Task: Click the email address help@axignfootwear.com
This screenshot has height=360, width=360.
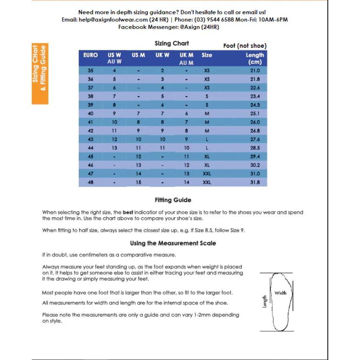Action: tap(113, 19)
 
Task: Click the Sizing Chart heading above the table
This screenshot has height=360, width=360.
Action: tap(172, 43)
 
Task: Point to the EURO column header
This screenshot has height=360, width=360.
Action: tap(91, 55)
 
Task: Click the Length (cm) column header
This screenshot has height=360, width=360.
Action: tap(255, 58)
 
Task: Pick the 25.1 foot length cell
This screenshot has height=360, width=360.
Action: tap(255, 114)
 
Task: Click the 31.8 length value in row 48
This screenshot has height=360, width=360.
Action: tap(255, 182)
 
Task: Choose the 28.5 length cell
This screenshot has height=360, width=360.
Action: tap(255, 148)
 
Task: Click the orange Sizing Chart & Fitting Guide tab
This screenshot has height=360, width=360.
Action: tap(40, 73)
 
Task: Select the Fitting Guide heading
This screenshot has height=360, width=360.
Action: tap(173, 200)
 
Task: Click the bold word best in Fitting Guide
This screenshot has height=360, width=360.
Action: tap(128, 212)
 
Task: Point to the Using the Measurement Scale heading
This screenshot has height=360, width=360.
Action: tap(173, 243)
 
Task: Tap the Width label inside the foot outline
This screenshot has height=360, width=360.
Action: tap(280, 293)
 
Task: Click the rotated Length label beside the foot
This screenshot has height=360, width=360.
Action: tap(265, 302)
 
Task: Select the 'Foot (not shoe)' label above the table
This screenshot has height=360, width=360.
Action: tap(245, 46)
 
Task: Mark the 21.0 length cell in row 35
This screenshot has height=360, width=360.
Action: tap(255, 71)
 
